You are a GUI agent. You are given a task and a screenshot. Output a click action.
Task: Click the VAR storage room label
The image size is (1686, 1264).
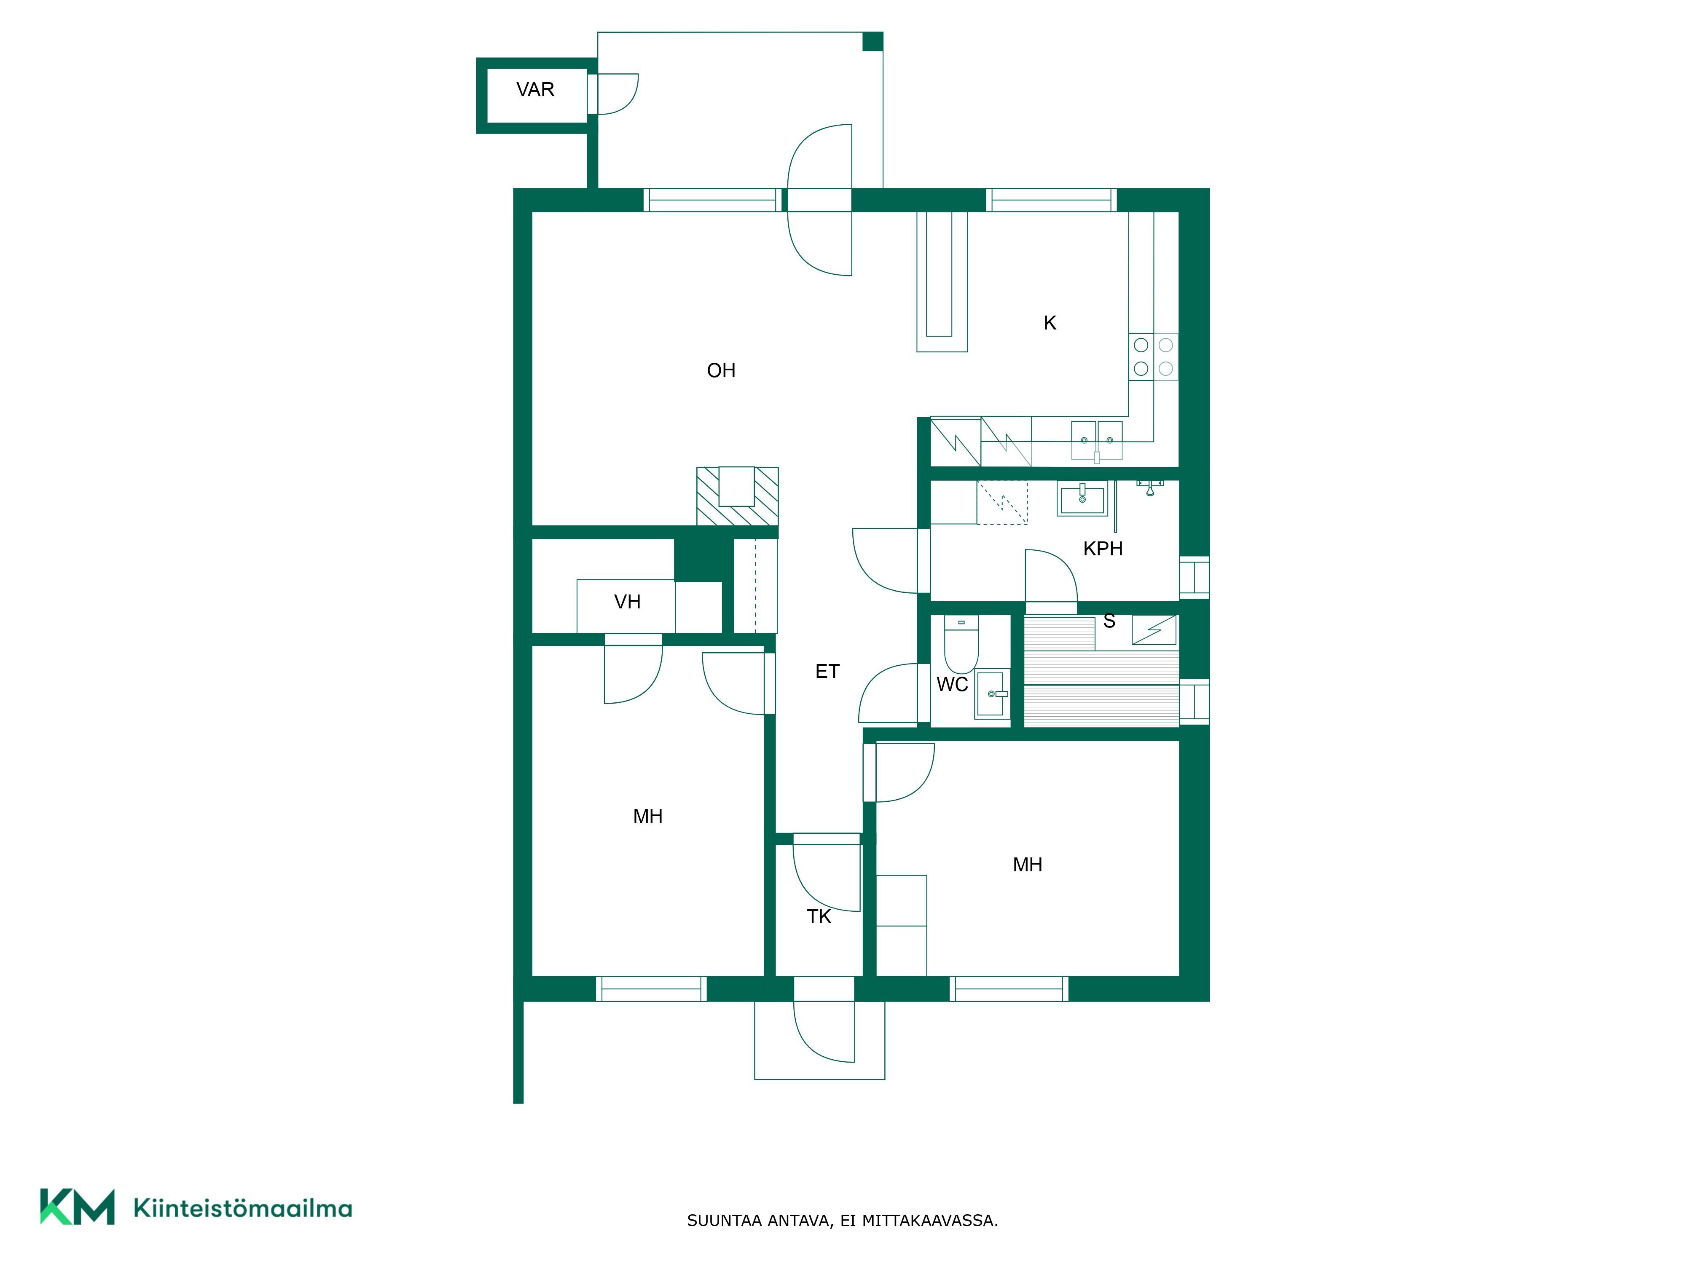coord(535,90)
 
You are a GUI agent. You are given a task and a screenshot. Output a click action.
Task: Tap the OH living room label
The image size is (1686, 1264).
coord(721,371)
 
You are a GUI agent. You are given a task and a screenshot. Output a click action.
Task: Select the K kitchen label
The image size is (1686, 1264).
coord(1050,323)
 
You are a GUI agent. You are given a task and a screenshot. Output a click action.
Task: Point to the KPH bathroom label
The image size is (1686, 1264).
coord(1103,549)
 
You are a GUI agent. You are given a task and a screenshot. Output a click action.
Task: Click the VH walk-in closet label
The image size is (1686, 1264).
coord(627,602)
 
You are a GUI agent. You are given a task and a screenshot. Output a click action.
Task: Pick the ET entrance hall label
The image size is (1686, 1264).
coord(827,671)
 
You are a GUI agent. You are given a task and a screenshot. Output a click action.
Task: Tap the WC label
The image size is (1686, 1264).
coord(952,684)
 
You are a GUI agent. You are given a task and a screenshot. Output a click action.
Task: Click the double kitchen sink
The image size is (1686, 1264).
coord(1097,440)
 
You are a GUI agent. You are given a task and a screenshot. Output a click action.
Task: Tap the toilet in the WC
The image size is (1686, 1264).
coord(961,644)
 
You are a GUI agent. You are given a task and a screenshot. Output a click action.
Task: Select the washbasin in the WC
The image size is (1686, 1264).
coord(992,694)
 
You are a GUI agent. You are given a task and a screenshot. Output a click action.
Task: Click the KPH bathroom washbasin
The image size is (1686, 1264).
coord(1082,500)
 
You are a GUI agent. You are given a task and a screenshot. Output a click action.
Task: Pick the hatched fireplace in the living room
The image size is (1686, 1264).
coord(737,496)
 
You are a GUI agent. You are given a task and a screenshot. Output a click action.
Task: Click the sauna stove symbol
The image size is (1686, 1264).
coord(1154,630)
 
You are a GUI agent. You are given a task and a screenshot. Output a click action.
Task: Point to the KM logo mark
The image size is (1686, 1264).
coord(77,1207)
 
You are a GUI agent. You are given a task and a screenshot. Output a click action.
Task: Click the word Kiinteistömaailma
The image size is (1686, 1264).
coord(242,1208)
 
